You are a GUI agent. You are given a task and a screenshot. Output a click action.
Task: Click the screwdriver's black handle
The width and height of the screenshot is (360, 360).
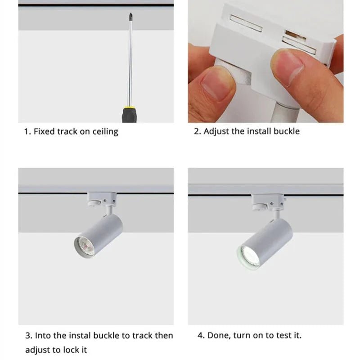pyautogui.click(x=130, y=115)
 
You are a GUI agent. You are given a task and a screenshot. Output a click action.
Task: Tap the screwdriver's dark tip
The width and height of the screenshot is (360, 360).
pyautogui.click(x=130, y=17)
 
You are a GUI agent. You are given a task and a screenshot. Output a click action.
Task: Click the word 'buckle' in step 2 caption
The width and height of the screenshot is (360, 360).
pyautogui.click(x=287, y=131)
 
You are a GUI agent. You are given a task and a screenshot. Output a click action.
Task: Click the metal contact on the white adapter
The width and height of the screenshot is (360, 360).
pyautogui.click(x=295, y=35)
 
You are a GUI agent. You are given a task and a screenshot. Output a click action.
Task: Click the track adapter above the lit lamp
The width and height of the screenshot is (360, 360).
pyautogui.click(x=268, y=202)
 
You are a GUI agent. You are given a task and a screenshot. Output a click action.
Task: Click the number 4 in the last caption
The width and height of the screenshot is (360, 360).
pyautogui.click(x=200, y=335)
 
